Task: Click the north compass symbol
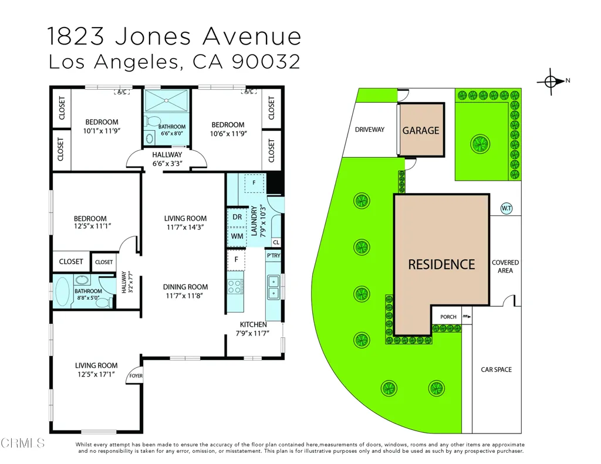551,81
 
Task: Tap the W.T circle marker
507,208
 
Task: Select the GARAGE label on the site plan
420,131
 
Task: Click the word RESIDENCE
441,265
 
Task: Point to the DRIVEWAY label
370,130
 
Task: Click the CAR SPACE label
496,370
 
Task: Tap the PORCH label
448,317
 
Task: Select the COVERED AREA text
505,266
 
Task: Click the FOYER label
136,376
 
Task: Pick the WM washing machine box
237,236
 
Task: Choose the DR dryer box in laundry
237,217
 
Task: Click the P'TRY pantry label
274,256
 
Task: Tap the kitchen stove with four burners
235,287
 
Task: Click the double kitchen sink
274,287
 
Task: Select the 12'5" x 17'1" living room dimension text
96,374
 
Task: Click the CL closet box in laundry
276,242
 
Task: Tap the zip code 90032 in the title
266,62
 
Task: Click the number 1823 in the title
76,36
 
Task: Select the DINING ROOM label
185,287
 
